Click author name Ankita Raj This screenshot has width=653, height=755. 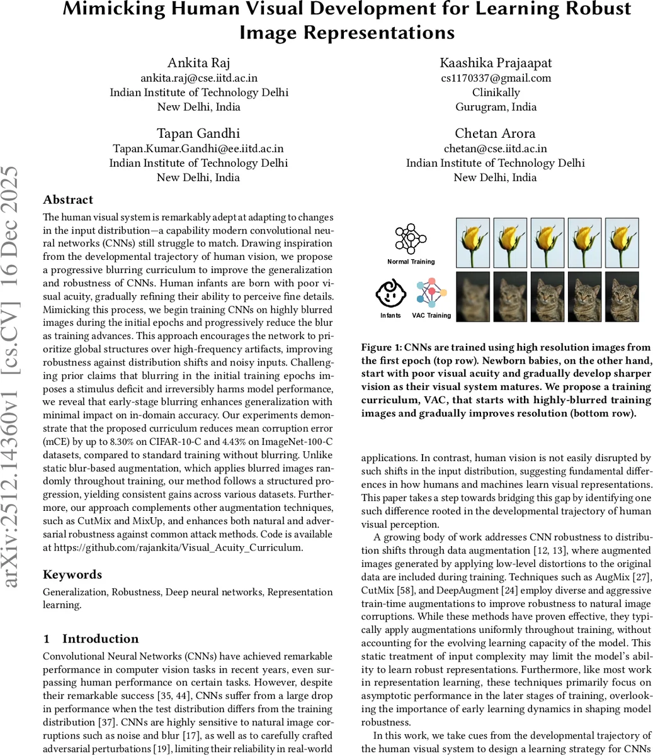pos(198,62)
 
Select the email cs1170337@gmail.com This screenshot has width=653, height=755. pos(496,78)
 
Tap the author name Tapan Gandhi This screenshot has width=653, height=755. pos(198,133)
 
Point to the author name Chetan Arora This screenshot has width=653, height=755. pos(495,133)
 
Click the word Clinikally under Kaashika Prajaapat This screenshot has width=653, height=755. pos(496,92)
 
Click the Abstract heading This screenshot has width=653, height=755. pos(68,199)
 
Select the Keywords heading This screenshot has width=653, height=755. pos(72,574)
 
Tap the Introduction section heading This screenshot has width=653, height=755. pos(101,639)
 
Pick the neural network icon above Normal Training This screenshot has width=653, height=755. pos(411,239)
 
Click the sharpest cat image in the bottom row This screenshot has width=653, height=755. pos(622,297)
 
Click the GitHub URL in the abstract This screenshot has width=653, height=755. pos(178,547)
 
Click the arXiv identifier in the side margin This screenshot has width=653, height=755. pos(13,377)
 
